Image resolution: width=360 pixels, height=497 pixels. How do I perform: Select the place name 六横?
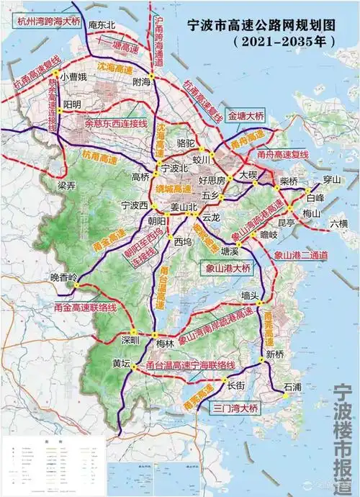[x=338, y=224]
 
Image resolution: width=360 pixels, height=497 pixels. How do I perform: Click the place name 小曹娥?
[x=73, y=76]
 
